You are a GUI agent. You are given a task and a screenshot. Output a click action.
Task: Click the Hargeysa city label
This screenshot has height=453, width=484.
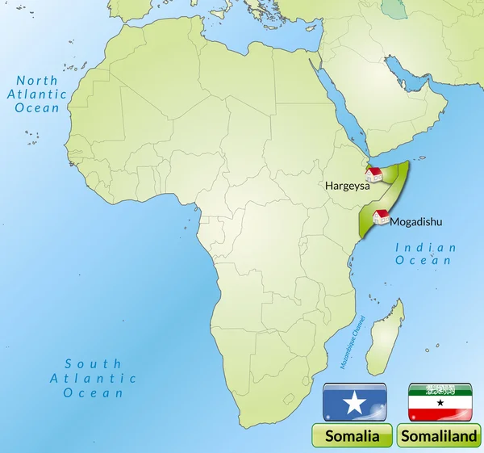[x=348, y=185]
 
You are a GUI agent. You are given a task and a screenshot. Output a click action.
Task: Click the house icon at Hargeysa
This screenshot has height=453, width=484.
[x=374, y=174]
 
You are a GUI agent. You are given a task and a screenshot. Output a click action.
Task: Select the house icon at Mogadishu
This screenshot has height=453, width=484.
[x=381, y=216]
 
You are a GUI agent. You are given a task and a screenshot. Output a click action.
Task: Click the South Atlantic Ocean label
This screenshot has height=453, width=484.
[x=94, y=378]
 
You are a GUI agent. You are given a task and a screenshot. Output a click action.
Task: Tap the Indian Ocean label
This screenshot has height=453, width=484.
[x=425, y=254]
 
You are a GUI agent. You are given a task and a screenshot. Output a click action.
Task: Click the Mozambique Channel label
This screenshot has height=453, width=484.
[x=353, y=342]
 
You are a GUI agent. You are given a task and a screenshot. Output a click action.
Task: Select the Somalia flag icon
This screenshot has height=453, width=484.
[x=354, y=402]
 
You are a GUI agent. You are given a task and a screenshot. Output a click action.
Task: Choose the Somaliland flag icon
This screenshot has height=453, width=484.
[x=440, y=402]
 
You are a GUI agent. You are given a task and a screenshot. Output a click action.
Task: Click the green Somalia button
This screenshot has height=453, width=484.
[x=353, y=436]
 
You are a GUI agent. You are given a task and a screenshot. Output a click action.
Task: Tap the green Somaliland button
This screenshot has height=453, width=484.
[x=440, y=436]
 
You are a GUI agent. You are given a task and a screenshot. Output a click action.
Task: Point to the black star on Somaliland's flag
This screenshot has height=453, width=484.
[x=440, y=401]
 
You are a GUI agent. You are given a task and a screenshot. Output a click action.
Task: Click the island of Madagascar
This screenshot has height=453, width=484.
[x=386, y=338]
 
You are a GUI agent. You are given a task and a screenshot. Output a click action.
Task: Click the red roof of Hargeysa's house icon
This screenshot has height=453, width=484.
[x=374, y=170]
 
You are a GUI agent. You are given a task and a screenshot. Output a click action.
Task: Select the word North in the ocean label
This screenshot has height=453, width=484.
[x=38, y=81]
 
